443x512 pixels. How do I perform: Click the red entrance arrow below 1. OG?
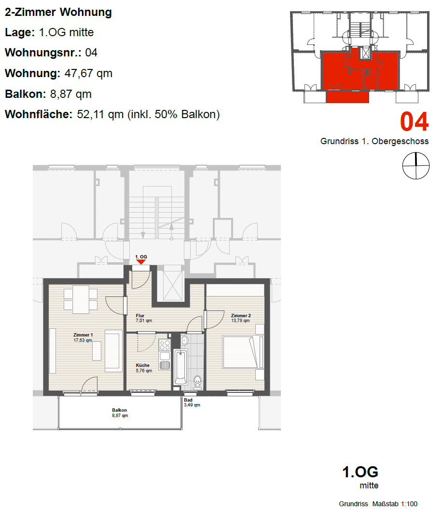click(140, 262)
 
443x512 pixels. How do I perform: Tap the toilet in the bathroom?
click(197, 382)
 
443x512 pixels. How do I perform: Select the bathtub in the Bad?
click(180, 367)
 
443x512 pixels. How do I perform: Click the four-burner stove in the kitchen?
click(165, 345)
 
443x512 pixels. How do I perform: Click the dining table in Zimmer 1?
click(81, 299)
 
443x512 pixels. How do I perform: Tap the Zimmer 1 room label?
click(83, 337)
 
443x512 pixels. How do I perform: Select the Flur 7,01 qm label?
click(144, 318)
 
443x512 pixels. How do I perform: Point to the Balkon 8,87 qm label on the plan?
click(120, 413)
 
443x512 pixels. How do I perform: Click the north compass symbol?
click(416, 165)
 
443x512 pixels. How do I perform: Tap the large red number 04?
click(414, 121)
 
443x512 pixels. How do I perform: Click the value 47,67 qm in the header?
click(88, 73)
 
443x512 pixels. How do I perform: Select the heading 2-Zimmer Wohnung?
click(58, 12)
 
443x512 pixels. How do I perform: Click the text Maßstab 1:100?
click(395, 504)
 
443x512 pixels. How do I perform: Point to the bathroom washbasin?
click(184, 340)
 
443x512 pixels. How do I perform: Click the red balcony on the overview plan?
click(347, 97)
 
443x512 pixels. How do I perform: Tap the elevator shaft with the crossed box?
click(173, 285)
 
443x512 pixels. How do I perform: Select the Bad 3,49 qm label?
click(192, 402)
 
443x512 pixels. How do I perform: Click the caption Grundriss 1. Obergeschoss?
click(374, 141)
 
